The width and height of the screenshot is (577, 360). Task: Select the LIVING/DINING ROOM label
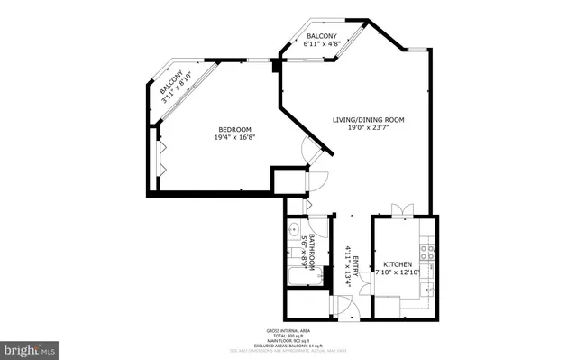[367, 119]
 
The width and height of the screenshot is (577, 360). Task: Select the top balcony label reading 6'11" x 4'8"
[322, 43]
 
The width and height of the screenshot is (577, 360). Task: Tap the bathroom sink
[296, 231]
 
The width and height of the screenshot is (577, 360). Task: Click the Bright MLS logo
[30, 346]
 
